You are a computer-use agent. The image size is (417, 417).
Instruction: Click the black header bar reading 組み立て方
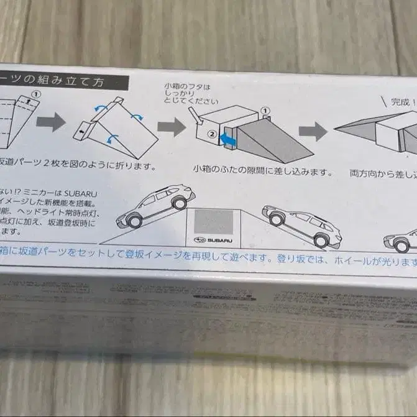(62, 81)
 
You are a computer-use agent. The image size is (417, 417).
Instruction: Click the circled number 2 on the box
(211, 134)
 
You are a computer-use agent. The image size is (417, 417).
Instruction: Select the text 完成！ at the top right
(402, 102)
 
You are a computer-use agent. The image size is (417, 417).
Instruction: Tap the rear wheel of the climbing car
(134, 220)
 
